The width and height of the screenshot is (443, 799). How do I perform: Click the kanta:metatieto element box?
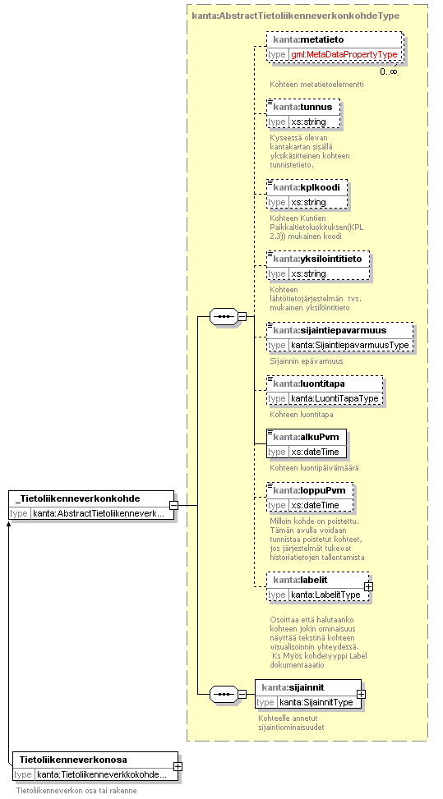click(335, 47)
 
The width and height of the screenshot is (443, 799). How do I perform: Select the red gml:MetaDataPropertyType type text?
click(344, 54)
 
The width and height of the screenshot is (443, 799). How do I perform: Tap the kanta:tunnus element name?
click(302, 107)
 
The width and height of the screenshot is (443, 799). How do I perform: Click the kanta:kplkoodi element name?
click(307, 187)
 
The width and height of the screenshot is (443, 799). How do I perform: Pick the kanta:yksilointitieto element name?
click(317, 259)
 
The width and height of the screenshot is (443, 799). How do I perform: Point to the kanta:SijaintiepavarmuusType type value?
click(349, 345)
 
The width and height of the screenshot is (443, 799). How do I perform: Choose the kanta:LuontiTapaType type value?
click(336, 398)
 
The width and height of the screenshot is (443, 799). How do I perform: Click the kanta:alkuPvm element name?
click(306, 437)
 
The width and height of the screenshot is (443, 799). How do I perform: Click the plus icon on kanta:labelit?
click(368, 586)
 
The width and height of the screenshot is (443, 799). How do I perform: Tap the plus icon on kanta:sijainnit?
click(361, 694)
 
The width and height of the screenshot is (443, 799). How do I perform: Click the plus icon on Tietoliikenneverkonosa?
click(178, 766)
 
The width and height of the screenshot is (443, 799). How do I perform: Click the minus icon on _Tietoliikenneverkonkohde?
click(174, 506)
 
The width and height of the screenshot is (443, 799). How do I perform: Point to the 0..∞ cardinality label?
click(389, 71)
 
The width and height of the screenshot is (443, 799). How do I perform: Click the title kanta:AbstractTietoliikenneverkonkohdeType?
click(296, 16)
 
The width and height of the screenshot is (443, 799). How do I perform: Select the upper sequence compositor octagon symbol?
click(224, 316)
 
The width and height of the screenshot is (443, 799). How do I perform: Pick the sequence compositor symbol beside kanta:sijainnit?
click(224, 694)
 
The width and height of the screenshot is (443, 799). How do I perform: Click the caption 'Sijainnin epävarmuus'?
click(307, 360)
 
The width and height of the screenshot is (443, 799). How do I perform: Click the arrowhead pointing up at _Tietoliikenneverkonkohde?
click(8, 523)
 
